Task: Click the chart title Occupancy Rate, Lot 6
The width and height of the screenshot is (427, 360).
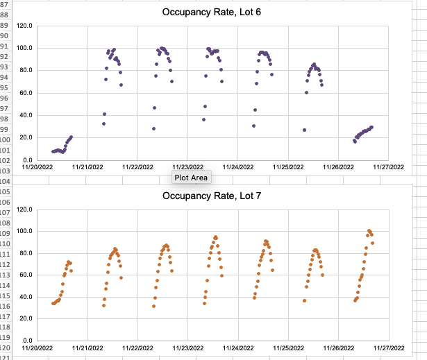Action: [x=211, y=12]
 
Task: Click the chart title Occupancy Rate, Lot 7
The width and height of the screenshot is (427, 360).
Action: [x=211, y=196]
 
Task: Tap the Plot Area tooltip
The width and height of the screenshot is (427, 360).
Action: [x=191, y=178]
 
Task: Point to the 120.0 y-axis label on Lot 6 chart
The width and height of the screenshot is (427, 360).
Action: [x=25, y=26]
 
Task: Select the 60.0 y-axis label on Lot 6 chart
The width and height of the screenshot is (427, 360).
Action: [x=26, y=93]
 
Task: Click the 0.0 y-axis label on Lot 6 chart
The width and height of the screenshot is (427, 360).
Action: [x=28, y=160]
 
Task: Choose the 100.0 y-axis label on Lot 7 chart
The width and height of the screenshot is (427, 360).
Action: [x=25, y=231]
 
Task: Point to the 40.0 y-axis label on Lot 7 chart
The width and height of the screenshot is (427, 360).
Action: [x=26, y=297]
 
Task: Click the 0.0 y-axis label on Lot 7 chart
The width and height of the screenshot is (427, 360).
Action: [x=28, y=341]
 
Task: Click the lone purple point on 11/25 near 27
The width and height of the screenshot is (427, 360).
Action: [x=304, y=130]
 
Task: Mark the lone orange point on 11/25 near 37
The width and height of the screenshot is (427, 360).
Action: [x=304, y=300]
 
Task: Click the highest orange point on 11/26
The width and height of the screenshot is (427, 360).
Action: [x=369, y=231]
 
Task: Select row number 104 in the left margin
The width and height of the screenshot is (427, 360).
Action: [x=6, y=180]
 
